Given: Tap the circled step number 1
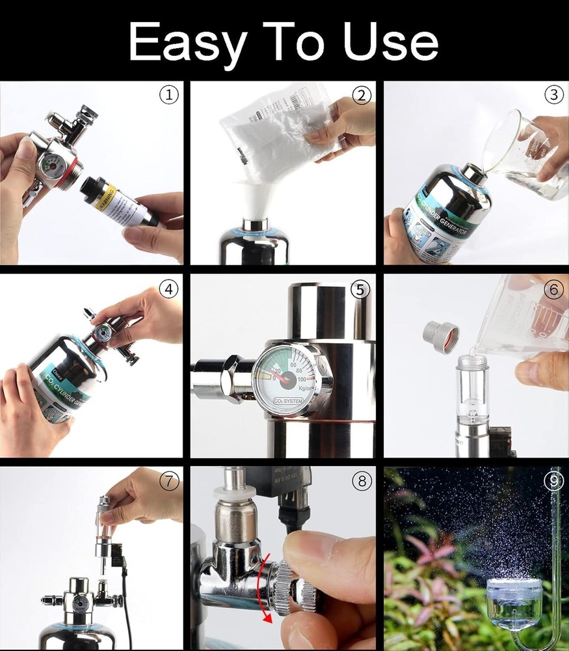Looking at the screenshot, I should [x=168, y=95].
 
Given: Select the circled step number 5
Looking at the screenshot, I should [x=360, y=290].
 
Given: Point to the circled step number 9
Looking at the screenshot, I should [x=553, y=482].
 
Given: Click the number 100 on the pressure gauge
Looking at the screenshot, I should [x=301, y=378].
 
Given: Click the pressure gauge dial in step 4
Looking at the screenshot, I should [x=101, y=333].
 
